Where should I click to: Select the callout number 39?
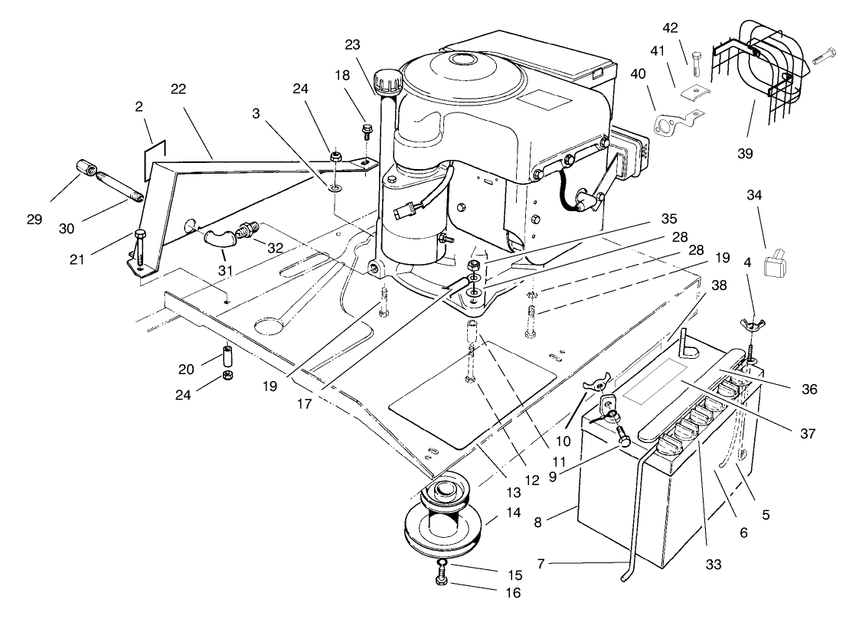click(745, 154)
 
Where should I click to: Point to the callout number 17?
click(305, 404)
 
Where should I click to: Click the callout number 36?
click(809, 389)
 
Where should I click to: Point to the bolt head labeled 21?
click(139, 235)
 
